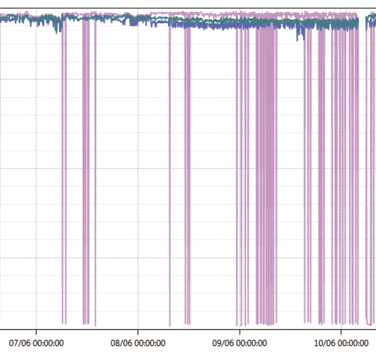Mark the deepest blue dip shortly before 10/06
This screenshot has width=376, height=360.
(x=304, y=37)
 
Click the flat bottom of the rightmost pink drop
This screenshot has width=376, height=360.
(x=370, y=324)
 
